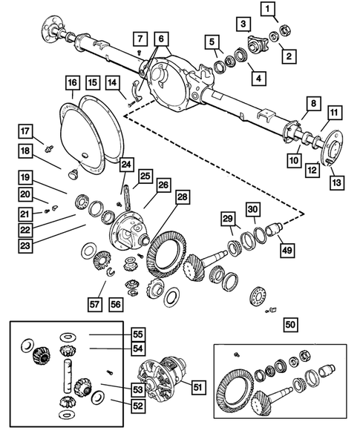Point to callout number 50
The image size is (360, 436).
[x=290, y=324]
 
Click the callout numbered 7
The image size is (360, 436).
[x=140, y=39]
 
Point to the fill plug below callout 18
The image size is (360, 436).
[x=74, y=174]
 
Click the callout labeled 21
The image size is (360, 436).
[x=26, y=214]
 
